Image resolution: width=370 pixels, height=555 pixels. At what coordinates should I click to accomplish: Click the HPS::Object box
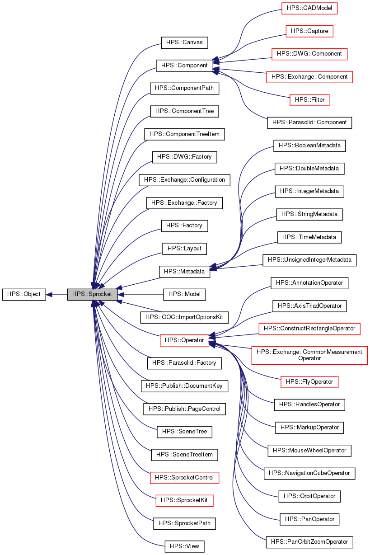[24, 294]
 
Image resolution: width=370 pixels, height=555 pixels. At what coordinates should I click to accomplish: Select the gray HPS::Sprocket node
[92, 294]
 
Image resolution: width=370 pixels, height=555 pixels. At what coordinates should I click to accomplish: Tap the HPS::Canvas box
[184, 42]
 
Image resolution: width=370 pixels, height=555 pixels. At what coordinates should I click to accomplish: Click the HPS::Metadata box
[184, 272]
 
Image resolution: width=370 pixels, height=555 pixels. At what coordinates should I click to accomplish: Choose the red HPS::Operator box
[184, 340]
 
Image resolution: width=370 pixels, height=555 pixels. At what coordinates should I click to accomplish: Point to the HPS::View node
[184, 546]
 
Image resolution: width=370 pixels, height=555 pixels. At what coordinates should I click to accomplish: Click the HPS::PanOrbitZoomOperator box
[309, 541]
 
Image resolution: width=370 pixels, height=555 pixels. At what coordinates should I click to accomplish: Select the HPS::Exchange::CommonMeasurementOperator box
[309, 355]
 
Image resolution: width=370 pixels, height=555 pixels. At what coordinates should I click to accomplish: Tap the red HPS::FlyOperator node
[309, 382]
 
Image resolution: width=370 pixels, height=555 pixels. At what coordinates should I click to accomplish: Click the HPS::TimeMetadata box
[309, 237]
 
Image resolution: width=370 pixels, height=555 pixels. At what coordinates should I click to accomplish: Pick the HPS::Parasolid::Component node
[309, 122]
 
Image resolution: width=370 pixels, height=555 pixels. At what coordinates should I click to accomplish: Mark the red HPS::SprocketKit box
[184, 500]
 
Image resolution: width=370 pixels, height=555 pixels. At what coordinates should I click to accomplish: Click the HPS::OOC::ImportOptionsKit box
[184, 317]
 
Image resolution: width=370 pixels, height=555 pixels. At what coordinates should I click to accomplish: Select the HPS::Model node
[184, 294]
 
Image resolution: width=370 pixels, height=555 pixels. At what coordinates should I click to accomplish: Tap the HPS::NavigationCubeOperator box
[309, 473]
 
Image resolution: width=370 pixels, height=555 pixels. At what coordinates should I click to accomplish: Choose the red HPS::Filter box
[309, 99]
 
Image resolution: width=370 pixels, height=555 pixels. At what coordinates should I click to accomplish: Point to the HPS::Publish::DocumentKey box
[184, 386]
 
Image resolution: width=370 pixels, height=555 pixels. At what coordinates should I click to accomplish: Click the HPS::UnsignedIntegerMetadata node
[309, 260]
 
